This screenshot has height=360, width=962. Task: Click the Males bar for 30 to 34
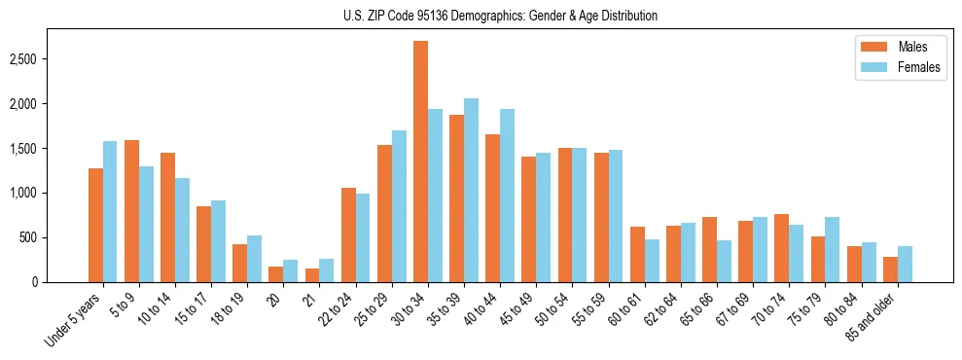tap(420, 162)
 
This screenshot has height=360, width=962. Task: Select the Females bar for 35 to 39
tap(471, 191)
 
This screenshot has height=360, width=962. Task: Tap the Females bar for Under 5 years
tap(110, 211)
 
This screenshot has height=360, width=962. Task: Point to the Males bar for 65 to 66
tap(709, 250)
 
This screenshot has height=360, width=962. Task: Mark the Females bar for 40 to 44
tap(507, 196)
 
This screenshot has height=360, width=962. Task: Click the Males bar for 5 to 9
tap(131, 211)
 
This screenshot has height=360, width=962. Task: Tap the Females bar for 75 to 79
tap(833, 250)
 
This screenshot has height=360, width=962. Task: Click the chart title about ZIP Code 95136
tap(500, 16)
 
